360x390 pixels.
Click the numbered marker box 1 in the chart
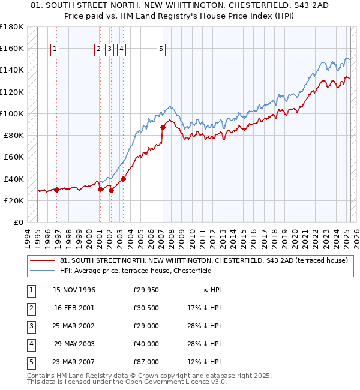(55, 50)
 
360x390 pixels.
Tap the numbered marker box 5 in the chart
(161, 50)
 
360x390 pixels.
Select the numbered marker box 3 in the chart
(110, 50)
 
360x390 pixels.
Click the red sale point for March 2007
(163, 127)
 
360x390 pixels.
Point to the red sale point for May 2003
(123, 178)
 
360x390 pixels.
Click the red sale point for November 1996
(57, 190)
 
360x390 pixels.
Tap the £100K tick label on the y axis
(11, 113)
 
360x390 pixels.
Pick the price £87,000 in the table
(146, 362)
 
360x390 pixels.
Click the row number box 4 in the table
(29, 344)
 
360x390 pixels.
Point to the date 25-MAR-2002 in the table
(74, 326)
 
